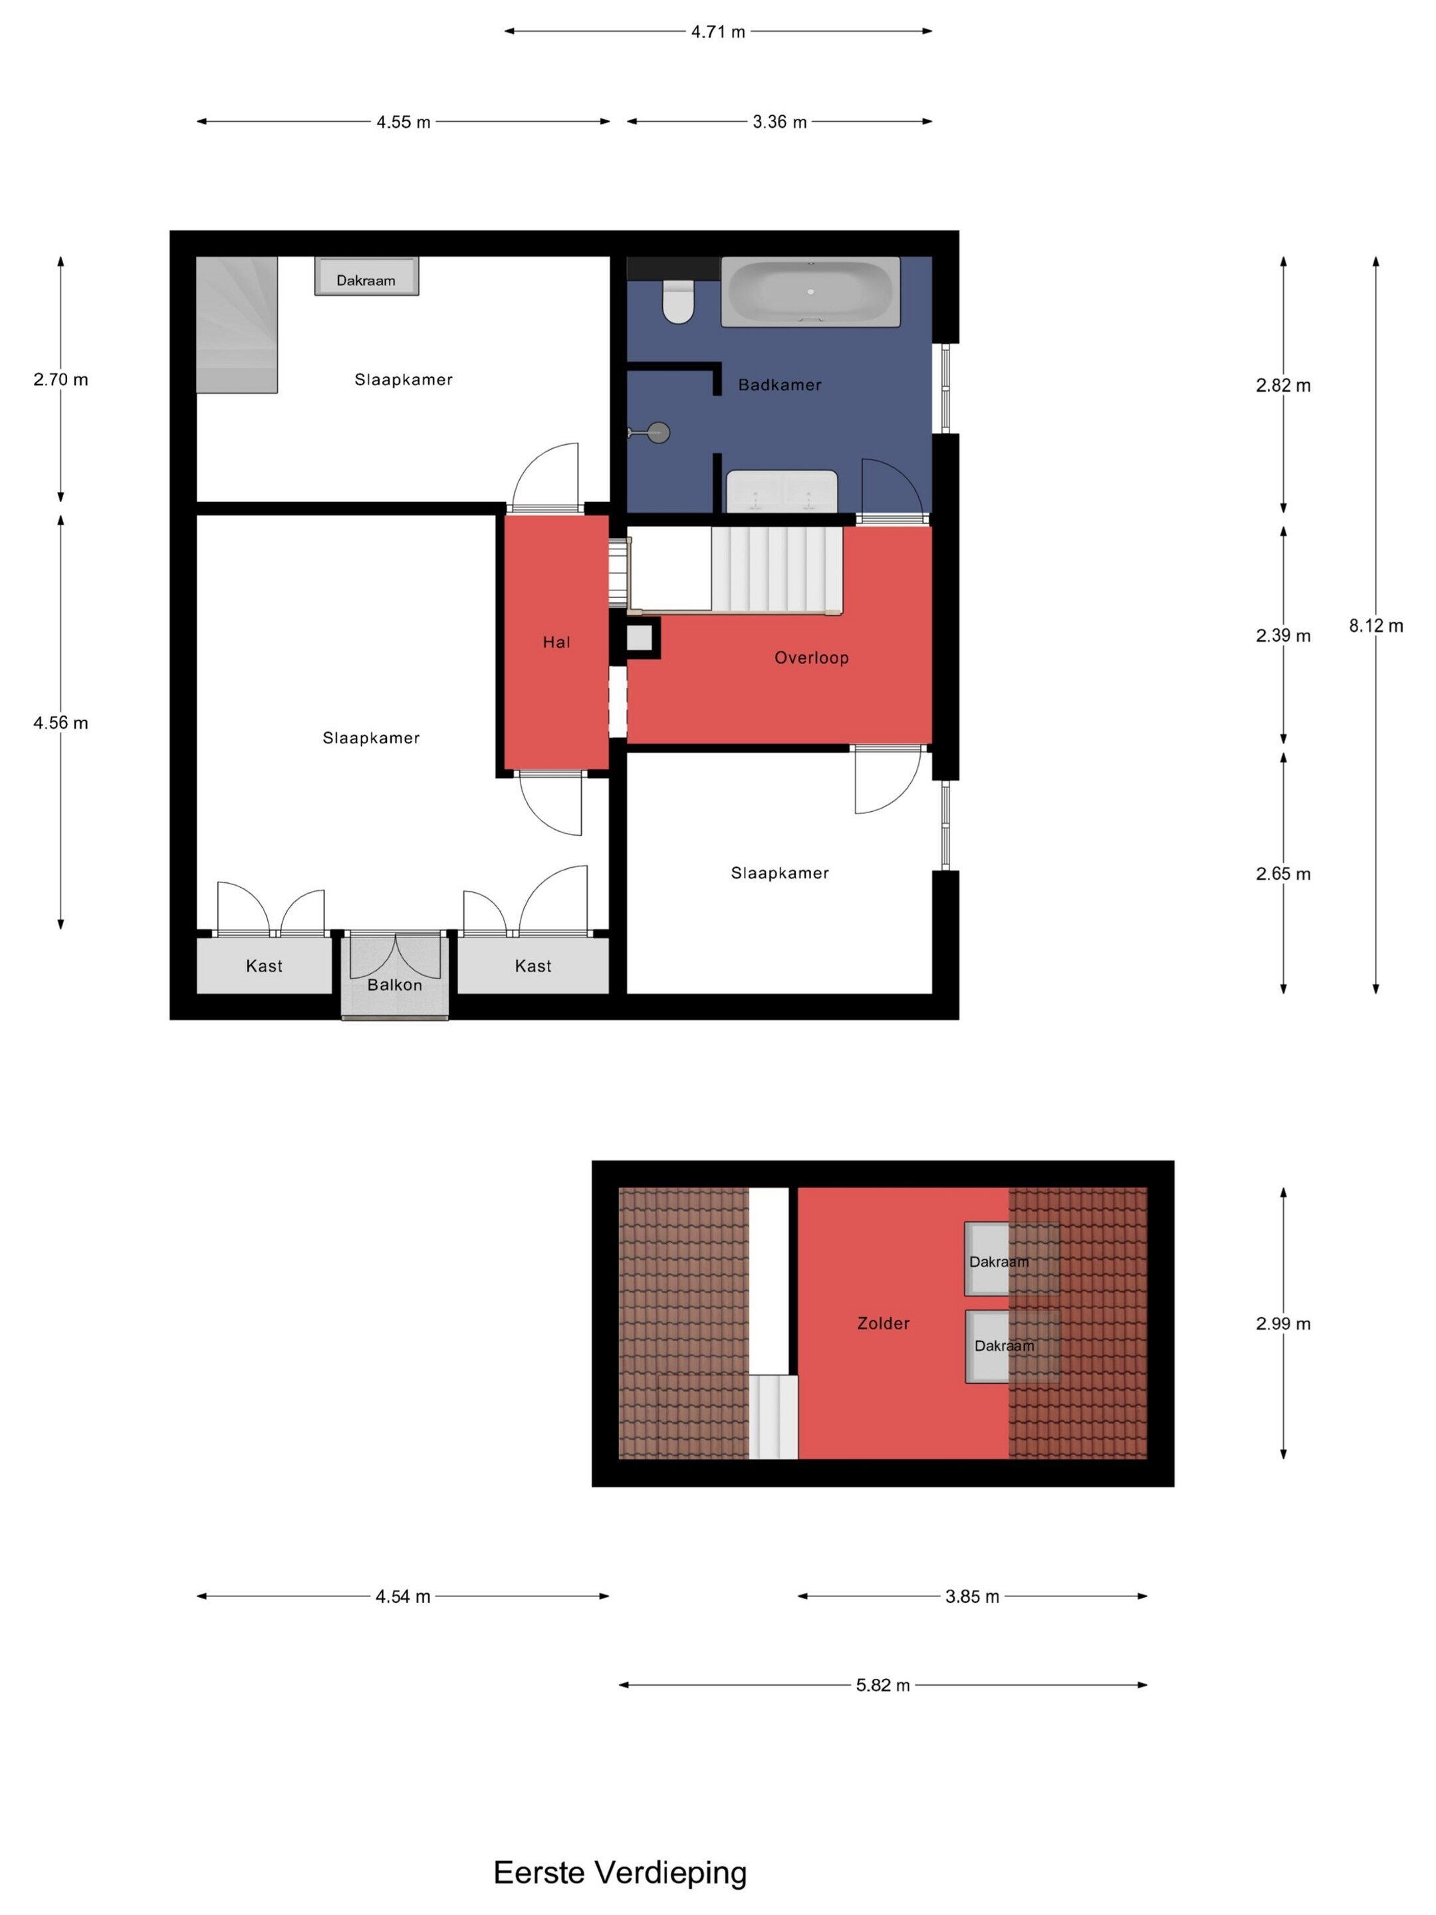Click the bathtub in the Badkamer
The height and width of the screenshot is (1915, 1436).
point(810,291)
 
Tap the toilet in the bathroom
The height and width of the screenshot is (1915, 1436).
point(677,301)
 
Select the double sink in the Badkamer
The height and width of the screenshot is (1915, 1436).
point(782,491)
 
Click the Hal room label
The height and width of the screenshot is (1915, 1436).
point(556,642)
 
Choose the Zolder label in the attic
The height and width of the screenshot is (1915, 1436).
point(883,1323)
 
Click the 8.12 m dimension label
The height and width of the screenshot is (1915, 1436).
point(1376,625)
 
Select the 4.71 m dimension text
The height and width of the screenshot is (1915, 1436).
point(717,32)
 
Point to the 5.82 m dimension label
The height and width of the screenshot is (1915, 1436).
point(883,1685)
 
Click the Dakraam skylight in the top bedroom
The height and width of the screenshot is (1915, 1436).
point(366,276)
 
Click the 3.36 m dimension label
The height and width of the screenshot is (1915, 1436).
point(779,122)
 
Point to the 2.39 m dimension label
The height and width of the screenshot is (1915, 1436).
point(1283,636)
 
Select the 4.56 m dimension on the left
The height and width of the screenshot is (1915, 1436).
point(60,722)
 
